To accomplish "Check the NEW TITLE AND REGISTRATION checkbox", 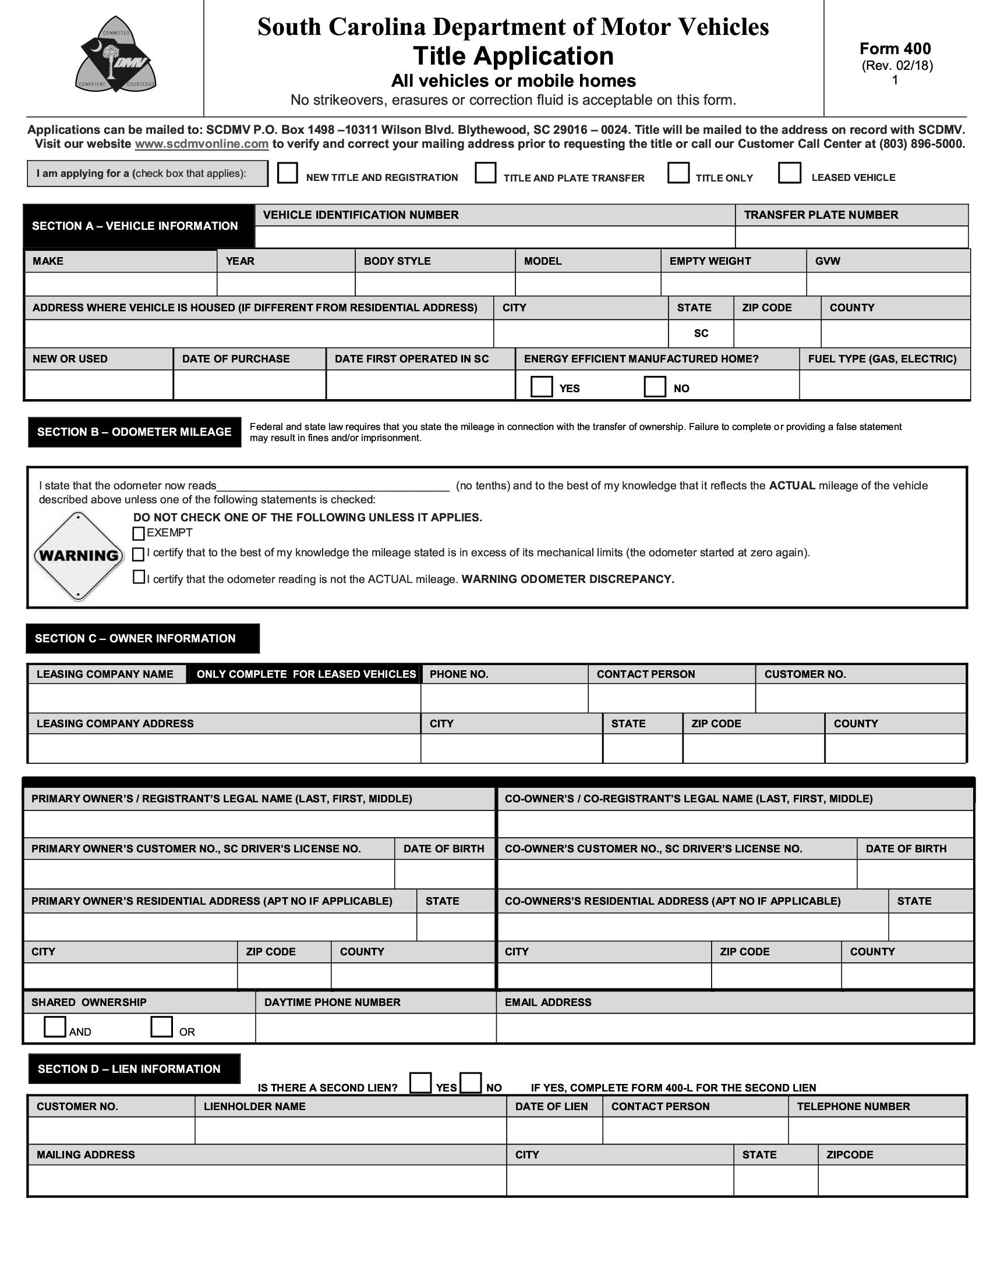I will (x=287, y=173).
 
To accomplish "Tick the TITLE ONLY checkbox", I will (x=678, y=173).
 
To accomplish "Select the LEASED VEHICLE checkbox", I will (x=790, y=173).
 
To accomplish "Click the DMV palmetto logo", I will (x=115, y=55).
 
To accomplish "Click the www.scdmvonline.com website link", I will (x=201, y=144).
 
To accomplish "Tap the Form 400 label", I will (x=895, y=49).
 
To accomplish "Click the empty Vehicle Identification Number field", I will (x=494, y=237).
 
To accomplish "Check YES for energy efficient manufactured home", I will (x=541, y=387).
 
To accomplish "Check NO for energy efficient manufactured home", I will (x=655, y=387).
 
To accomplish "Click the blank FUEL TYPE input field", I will (x=885, y=385).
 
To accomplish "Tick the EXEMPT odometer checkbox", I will (x=139, y=534).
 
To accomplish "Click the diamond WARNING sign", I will (x=79, y=556).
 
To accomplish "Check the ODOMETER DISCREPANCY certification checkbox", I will (x=139, y=577).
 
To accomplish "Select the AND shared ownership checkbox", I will (x=55, y=1027).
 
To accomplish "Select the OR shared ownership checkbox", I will (x=161, y=1027).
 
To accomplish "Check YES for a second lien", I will (x=420, y=1083).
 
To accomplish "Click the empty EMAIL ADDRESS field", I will (x=734, y=1028).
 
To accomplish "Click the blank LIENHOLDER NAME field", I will (x=350, y=1130).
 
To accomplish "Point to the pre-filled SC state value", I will (x=701, y=333).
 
